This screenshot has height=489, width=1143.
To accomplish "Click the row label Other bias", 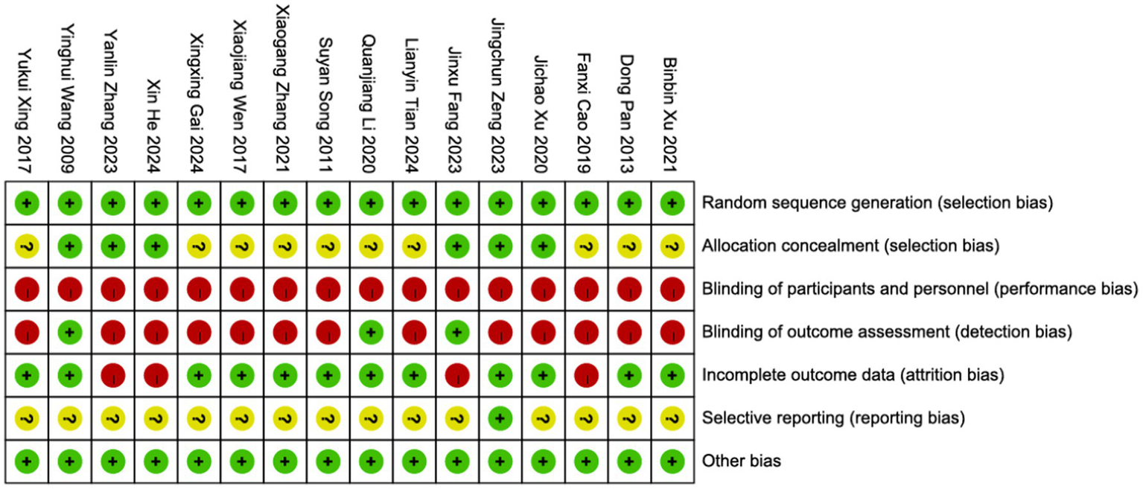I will tap(741, 461).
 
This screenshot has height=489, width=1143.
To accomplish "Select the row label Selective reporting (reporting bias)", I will tap(833, 418).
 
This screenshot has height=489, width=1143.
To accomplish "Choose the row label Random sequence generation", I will tap(877, 203).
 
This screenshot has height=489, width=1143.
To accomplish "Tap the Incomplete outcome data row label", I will tap(853, 375).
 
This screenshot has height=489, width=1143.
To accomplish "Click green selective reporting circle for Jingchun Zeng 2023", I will tap(500, 418).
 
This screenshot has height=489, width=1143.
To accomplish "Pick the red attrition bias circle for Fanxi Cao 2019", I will tap(586, 375).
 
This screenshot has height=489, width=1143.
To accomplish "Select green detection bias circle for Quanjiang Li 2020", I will tap(371, 332).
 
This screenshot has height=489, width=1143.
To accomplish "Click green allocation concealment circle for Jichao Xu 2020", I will tap(543, 246).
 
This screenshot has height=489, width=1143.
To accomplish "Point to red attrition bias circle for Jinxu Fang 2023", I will tap(456, 375).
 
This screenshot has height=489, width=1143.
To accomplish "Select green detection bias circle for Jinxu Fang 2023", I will tap(456, 332).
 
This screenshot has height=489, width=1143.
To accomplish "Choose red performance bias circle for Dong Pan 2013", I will tap(629, 289).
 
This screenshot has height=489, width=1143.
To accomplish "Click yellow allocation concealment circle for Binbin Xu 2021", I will tap(672, 246).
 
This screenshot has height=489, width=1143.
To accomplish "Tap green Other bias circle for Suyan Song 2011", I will tap(328, 461).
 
